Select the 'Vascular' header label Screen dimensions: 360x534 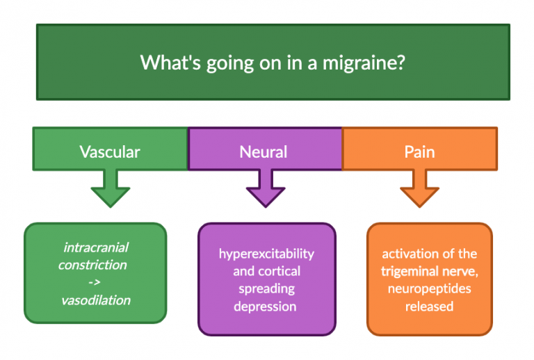click(110, 151)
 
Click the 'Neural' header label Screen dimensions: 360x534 click(264, 151)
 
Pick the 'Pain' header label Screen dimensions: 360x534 click(419, 151)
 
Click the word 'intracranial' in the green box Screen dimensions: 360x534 click(96, 247)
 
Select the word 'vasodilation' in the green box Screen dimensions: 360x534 click(96, 300)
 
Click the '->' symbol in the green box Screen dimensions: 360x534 click(96, 283)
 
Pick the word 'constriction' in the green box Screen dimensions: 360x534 click(92, 265)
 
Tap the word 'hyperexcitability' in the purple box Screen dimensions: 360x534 click(266, 253)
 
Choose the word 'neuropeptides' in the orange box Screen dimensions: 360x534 click(429, 288)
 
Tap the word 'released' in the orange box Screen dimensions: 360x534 click(429, 306)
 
